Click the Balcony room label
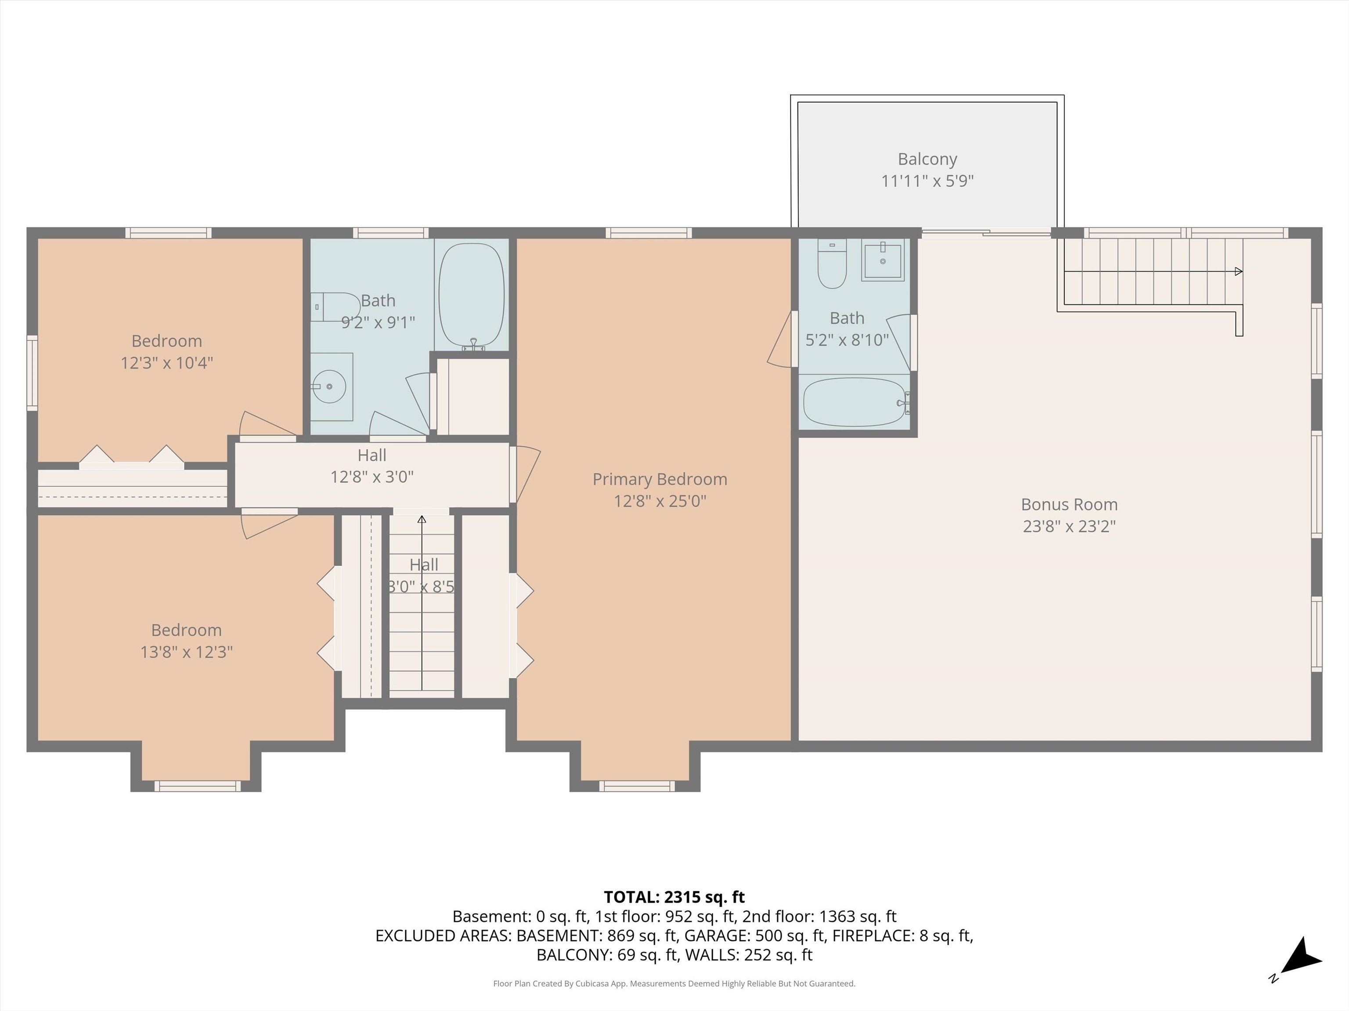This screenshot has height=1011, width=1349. (927, 159)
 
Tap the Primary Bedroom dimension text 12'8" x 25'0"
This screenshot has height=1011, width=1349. (660, 501)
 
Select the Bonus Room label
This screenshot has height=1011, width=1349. (1069, 505)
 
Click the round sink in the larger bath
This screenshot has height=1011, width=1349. (330, 386)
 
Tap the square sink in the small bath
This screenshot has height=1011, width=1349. (883, 260)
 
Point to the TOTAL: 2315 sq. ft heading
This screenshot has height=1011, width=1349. (674, 897)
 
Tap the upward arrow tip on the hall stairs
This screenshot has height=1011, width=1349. (422, 519)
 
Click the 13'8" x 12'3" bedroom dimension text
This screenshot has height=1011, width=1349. (187, 652)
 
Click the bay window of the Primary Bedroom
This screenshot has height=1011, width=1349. (636, 786)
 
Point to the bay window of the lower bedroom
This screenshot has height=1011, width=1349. (197, 786)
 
